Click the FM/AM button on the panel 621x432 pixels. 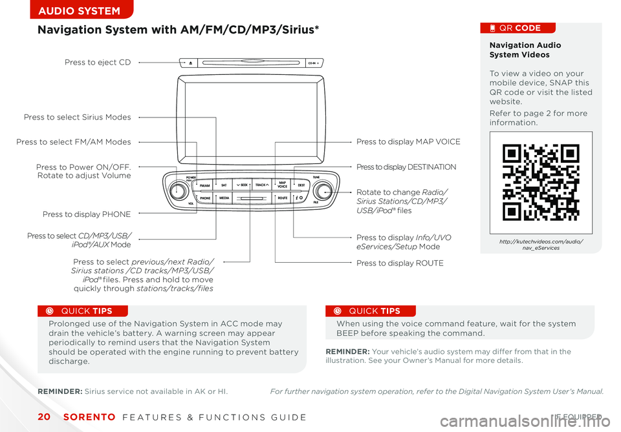204,185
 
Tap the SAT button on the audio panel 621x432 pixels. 224,185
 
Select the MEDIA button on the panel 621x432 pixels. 224,198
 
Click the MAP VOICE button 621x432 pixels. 282,185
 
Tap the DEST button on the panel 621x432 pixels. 301,185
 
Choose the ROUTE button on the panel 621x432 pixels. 282,198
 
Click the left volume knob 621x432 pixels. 179,191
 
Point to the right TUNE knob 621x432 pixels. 323,191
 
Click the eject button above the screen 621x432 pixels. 191,63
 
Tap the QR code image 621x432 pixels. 541,182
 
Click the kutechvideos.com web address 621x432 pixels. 541,244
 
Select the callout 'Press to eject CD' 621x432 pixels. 98,63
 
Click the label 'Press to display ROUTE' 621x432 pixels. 400,263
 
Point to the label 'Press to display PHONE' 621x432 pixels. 87,214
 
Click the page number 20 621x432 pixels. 43,417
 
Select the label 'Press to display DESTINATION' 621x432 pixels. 406,167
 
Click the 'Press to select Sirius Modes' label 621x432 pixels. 77,118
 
